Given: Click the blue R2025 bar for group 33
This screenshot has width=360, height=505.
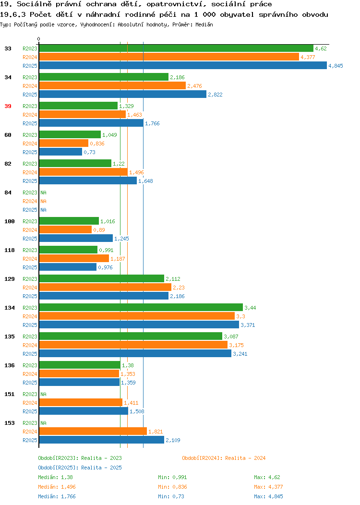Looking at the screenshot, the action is coord(183,65).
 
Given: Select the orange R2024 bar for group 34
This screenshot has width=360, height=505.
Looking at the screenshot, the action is coord(112,85).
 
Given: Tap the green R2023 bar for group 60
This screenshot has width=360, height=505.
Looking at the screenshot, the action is coord(70,134).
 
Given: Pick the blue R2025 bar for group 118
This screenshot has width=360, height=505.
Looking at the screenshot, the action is coord(68,267).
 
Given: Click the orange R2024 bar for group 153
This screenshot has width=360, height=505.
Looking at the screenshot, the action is coord(93,431).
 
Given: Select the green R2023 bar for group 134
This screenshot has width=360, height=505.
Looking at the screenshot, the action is coord(141,307).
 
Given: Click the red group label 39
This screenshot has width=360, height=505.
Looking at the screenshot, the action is coord(8,106).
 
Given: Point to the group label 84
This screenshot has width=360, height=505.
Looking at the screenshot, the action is coord(8,192).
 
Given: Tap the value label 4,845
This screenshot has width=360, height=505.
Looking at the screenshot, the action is coord(336,66).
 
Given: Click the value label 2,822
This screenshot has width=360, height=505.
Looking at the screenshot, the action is coord(215,95).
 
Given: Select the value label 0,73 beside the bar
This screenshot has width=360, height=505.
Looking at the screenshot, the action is coord(89,152).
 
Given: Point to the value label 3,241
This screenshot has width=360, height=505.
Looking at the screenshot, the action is coord(240,354).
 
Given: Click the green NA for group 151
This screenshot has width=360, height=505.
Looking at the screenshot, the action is coord(44,394).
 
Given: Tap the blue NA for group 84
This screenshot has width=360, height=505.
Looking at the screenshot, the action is coord(44,210).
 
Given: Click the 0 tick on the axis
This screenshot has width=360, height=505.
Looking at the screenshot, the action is coord(39,39).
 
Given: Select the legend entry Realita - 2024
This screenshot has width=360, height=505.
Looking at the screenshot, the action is coord(224,458).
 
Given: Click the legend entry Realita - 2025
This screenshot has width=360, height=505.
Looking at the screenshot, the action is coord(80,468).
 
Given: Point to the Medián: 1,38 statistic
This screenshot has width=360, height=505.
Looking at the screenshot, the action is coord(55,477).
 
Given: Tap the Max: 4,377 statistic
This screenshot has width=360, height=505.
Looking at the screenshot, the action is coord(268,487).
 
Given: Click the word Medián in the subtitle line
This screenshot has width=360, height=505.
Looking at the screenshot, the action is coord(204,24).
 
